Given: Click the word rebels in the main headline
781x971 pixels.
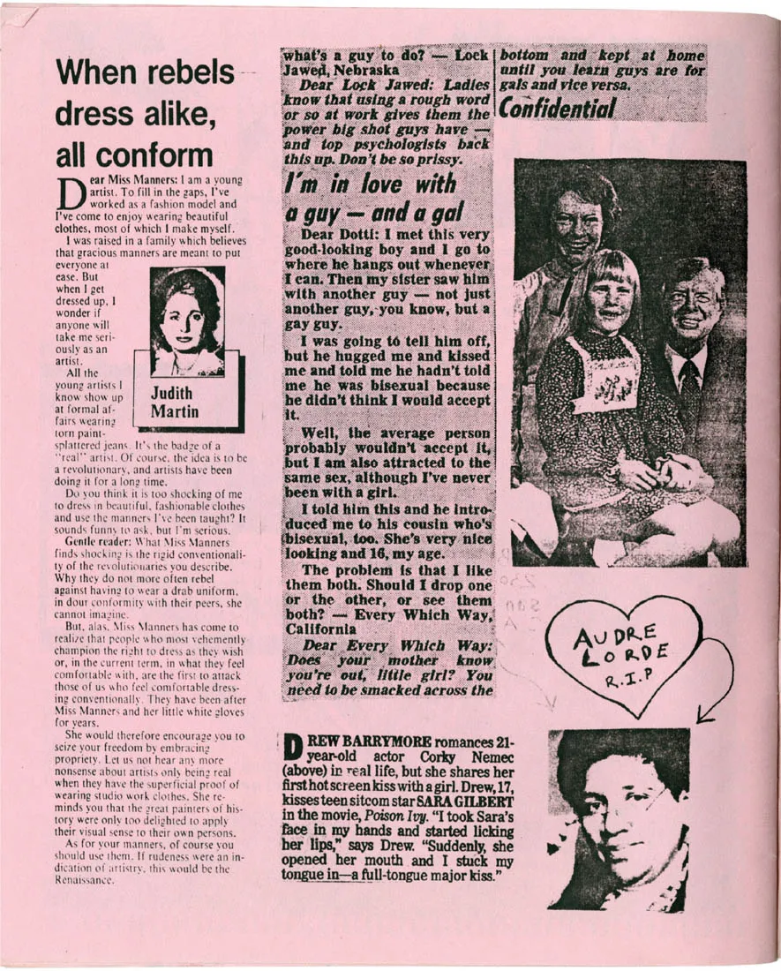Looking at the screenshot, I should (180, 73).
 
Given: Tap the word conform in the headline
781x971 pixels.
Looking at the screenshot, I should (159, 155).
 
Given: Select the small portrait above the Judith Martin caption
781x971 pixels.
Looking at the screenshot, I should (186, 322).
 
